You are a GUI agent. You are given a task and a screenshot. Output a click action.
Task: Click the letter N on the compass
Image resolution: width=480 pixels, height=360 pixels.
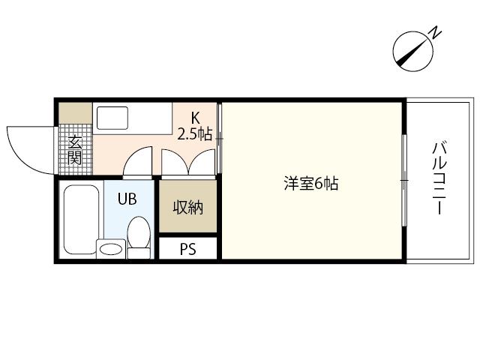point(436,32)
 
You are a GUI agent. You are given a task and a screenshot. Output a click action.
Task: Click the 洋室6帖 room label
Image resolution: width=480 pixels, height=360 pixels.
point(311,184)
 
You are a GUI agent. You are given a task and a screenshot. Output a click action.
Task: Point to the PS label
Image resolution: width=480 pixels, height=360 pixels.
point(187,249)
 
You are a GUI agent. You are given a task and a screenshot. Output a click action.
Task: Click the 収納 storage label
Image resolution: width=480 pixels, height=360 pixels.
point(188,207)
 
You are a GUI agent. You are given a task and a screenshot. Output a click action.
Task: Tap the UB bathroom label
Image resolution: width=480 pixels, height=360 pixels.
point(127,199)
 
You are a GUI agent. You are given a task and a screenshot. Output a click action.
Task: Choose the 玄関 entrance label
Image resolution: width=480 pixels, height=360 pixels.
point(75,150)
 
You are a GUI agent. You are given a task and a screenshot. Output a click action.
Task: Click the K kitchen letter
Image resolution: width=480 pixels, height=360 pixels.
point(195,117)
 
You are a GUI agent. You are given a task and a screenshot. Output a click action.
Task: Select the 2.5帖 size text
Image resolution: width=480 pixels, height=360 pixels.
point(195,133)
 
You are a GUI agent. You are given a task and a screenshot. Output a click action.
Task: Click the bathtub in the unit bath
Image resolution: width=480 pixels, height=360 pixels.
point(81,219)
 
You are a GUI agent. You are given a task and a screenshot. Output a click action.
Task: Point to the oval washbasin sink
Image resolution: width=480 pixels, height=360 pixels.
point(111,249)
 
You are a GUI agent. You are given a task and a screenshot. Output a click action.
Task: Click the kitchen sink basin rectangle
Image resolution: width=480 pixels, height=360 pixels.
point(112,118)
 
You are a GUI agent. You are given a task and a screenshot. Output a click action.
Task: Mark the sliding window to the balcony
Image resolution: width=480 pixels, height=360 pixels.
point(404,180)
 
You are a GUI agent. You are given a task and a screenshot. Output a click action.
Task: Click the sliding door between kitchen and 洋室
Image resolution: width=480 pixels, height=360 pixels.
point(219,138)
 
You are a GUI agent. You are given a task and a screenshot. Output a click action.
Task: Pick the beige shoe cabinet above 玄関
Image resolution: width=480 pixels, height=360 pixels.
point(75,113)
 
